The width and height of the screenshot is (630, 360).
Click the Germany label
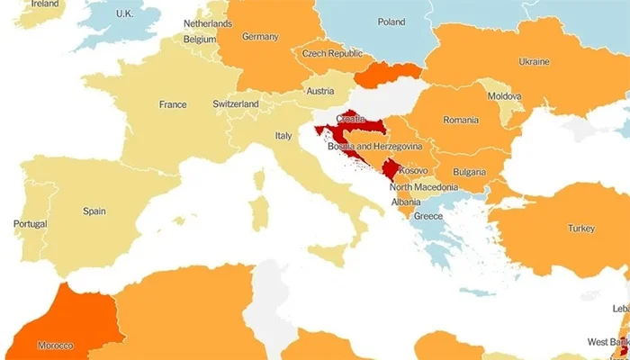pyautogui.click(x=260, y=37)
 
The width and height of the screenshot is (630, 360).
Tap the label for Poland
pyautogui.click(x=391, y=22)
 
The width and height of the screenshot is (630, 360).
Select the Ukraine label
pyautogui.click(x=534, y=62)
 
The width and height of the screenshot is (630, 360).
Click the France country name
pyautogui.click(x=173, y=104)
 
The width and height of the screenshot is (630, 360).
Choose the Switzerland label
pyautogui.click(x=236, y=104)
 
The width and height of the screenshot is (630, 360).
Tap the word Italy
pyautogui.click(x=283, y=136)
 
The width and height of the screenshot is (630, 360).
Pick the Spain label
pyautogui.click(x=94, y=211)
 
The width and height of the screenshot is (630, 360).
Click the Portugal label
pyautogui.click(x=30, y=223)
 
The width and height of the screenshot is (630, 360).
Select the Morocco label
pyautogui.click(x=56, y=346)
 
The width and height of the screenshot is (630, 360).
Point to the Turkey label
pyautogui.click(x=580, y=229)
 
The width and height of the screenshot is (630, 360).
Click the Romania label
pyautogui.click(x=461, y=120)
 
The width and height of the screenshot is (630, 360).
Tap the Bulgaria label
pyautogui.click(x=469, y=172)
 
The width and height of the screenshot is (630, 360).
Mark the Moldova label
pyautogui.click(x=504, y=96)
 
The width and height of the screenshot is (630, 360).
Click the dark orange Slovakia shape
pyautogui.click(x=389, y=72)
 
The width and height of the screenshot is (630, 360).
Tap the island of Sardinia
pyautogui.click(x=258, y=212)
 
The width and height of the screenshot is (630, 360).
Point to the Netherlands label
pyautogui.click(x=208, y=22)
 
